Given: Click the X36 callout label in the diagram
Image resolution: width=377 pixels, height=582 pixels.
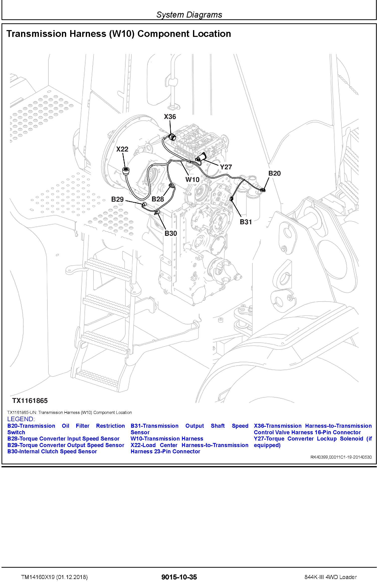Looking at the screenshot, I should coord(170,117).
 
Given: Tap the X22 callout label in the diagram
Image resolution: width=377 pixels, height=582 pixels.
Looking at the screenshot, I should coord(122,149).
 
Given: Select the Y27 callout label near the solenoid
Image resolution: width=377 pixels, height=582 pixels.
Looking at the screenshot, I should coord(226,167).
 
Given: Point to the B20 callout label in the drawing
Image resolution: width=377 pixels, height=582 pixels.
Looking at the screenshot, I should coord(274,173).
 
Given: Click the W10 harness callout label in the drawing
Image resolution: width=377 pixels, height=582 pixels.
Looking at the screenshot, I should coord(192,180).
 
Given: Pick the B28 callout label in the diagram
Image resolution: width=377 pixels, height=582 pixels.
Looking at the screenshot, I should coord(158,199).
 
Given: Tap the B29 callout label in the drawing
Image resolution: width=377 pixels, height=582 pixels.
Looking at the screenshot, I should coord(117,199).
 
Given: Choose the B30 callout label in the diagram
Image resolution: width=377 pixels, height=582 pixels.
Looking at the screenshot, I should coord(171,234).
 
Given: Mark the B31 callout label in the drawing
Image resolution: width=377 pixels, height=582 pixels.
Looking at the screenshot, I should coord(246,222).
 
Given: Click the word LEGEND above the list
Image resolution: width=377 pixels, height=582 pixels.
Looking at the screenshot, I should coord(21,419).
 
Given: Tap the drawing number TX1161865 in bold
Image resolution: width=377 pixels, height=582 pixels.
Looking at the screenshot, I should coord(30,401).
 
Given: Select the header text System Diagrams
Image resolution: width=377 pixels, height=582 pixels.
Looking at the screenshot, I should coord(189,15).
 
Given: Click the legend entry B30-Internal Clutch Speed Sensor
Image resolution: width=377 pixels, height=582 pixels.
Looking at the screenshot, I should coord(52,452).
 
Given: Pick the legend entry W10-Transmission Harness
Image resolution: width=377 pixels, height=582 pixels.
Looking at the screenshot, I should coord(167,439).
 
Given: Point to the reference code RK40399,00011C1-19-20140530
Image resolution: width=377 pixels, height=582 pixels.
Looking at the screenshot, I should coord(341,457).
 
